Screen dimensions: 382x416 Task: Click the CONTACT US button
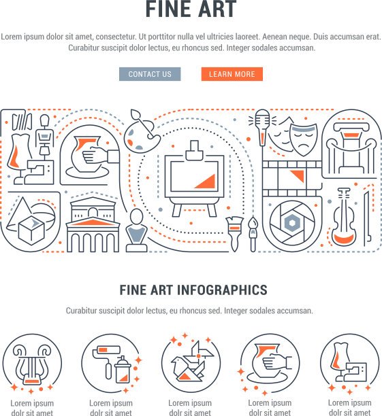click(x=150, y=74)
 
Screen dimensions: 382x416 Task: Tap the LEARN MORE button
click(x=232, y=74)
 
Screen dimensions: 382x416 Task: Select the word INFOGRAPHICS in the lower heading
click(x=222, y=290)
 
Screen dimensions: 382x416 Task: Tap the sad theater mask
click(x=303, y=139)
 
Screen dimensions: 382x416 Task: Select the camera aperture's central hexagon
click(x=292, y=223)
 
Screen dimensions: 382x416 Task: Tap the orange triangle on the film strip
click(x=298, y=175)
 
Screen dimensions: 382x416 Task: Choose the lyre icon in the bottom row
click(x=32, y=364)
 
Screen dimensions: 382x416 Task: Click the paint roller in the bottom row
click(x=105, y=361)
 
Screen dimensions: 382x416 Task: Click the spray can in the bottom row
click(x=123, y=370)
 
